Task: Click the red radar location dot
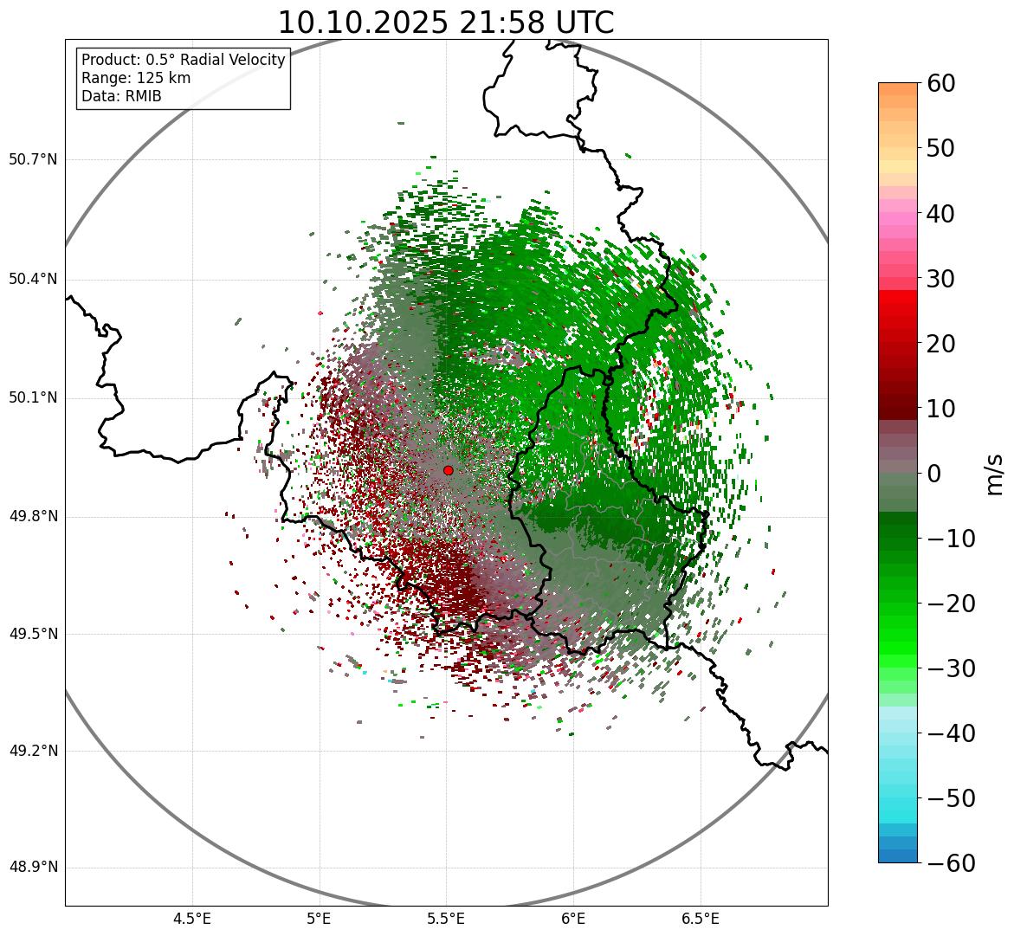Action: click(x=448, y=470)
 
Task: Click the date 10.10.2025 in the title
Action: click(x=362, y=23)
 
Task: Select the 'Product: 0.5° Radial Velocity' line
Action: click(x=183, y=60)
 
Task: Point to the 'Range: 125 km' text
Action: click(x=136, y=78)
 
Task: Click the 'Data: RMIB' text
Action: click(x=121, y=96)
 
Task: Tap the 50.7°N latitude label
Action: click(x=33, y=159)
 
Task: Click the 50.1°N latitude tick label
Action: click(x=33, y=398)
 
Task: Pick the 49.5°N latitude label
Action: click(x=33, y=634)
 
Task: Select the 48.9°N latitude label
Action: click(x=33, y=868)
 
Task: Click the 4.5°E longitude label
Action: click(x=192, y=919)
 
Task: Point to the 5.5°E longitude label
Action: click(x=446, y=919)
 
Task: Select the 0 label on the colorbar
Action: click(x=934, y=474)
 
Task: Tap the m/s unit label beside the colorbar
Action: click(x=995, y=474)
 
